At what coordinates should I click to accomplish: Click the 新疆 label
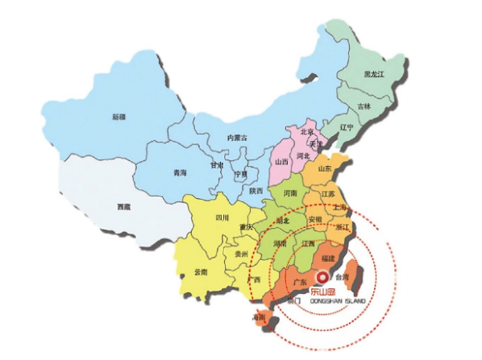click(118, 118)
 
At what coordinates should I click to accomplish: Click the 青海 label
click(181, 171)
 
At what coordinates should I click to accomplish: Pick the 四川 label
click(221, 217)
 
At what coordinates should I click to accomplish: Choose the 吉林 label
click(364, 106)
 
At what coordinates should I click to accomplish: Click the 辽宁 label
click(347, 127)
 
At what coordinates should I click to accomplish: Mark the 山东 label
click(326, 169)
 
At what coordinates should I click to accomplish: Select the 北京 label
click(306, 132)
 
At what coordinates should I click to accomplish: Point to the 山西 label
click(281, 161)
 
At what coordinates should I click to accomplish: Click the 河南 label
click(289, 194)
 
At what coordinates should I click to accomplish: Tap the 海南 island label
click(260, 317)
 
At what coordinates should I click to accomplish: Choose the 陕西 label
click(256, 191)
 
